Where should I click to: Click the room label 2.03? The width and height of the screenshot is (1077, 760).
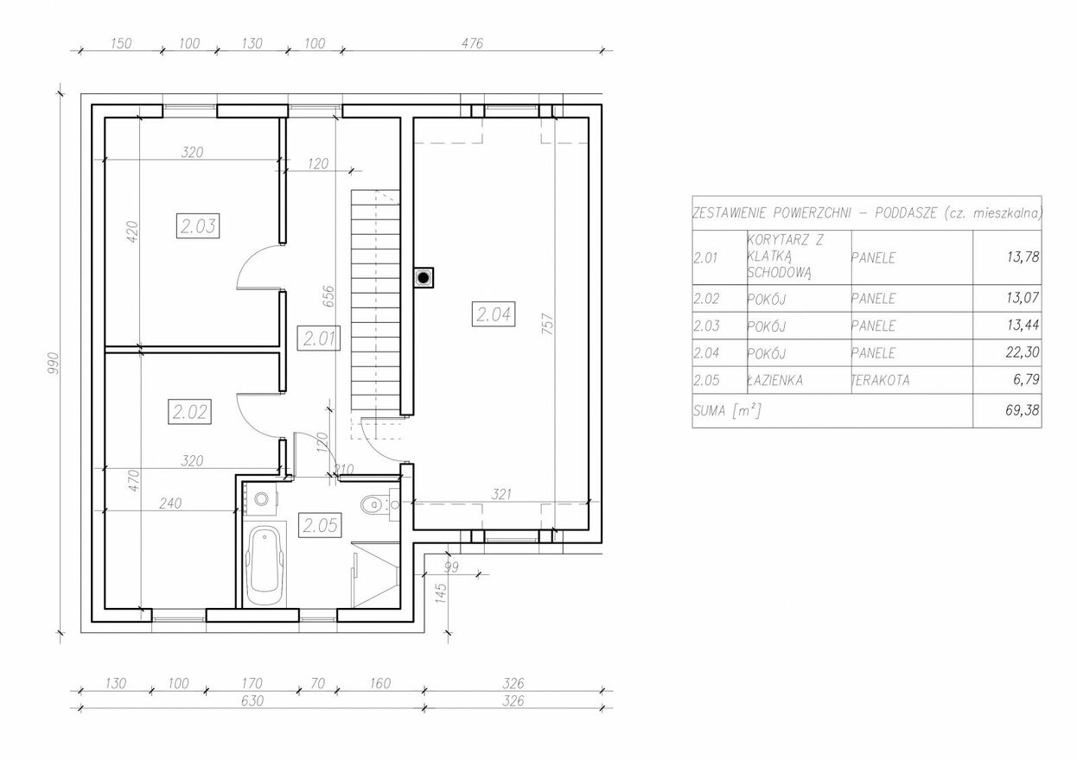click(x=198, y=226)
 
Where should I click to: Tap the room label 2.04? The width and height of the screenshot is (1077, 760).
click(x=494, y=314)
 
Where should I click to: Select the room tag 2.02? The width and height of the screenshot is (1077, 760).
click(x=190, y=412)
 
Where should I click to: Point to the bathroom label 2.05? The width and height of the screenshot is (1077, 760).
click(x=320, y=525)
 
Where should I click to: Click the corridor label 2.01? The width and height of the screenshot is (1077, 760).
click(x=319, y=339)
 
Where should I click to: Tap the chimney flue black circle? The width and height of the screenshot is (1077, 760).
click(x=424, y=278)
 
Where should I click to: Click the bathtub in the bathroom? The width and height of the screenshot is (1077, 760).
click(x=264, y=567)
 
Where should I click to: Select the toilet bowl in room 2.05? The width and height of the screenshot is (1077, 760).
click(x=371, y=504)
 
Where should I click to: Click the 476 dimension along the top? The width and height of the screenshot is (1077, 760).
click(x=472, y=43)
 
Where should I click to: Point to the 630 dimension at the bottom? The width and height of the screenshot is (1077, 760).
click(x=252, y=701)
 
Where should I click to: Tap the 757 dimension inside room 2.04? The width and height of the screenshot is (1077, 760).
click(x=548, y=324)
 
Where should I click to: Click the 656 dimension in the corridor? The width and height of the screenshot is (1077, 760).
click(x=328, y=296)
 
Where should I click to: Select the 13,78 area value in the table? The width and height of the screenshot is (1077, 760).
click(x=1023, y=257)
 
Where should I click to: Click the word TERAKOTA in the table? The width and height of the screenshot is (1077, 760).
click(x=880, y=381)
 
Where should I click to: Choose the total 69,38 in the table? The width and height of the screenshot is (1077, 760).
click(x=1023, y=410)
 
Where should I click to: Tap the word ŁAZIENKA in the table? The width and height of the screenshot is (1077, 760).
click(x=774, y=380)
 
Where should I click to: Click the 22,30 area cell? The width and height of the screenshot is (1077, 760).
click(x=1023, y=352)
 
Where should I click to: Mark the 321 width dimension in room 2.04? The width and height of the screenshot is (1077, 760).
click(x=501, y=494)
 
